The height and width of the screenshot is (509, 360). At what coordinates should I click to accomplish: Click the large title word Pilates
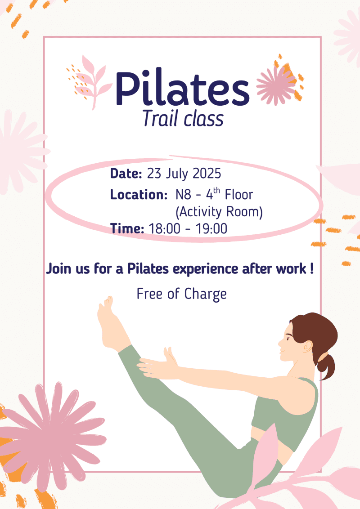pyautogui.click(x=182, y=88)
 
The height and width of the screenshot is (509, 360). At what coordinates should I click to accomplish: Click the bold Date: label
pyautogui.click(x=126, y=174)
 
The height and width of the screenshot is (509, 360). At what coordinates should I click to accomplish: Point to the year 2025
pyautogui.click(x=207, y=174)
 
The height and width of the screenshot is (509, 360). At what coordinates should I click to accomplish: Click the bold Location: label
pyautogui.click(x=139, y=194)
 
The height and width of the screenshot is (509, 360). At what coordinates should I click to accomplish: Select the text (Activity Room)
pyautogui.click(x=219, y=212)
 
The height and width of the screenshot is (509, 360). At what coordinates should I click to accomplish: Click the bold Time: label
pyautogui.click(x=127, y=228)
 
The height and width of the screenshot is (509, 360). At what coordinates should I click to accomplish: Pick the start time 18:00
pyautogui.click(x=164, y=229)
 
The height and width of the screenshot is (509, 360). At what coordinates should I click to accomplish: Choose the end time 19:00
pyautogui.click(x=211, y=229)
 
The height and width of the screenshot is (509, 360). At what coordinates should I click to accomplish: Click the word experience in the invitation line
pyautogui.click(x=206, y=269)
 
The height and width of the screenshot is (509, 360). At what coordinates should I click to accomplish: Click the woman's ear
pyautogui.click(x=307, y=347)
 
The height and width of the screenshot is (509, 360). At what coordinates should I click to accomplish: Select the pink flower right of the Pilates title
pyautogui.click(x=276, y=86)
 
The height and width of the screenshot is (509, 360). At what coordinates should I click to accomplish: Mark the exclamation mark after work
pyautogui.click(x=311, y=268)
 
